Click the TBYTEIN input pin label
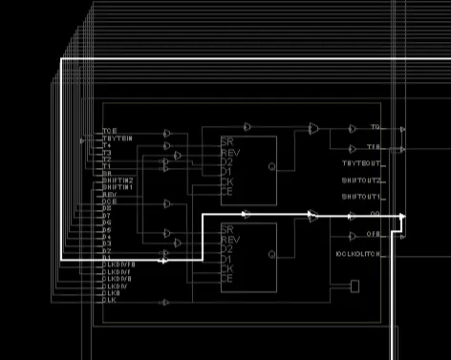point(118,138)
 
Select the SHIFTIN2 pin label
point(118,180)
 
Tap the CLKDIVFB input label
point(118,263)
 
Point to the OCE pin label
point(110,201)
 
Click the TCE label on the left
point(109,130)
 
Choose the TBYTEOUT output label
point(361,163)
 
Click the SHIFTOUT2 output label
point(361,180)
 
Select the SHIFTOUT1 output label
point(361,196)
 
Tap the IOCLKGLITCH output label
point(359,254)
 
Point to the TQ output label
point(375,127)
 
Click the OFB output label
point(375,234)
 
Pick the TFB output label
point(375,148)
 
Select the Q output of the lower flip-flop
point(271,254)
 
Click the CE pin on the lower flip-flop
point(226,278)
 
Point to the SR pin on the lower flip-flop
point(226,230)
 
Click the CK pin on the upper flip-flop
point(226,181)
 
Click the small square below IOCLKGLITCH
point(354,286)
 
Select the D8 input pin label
point(107,208)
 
